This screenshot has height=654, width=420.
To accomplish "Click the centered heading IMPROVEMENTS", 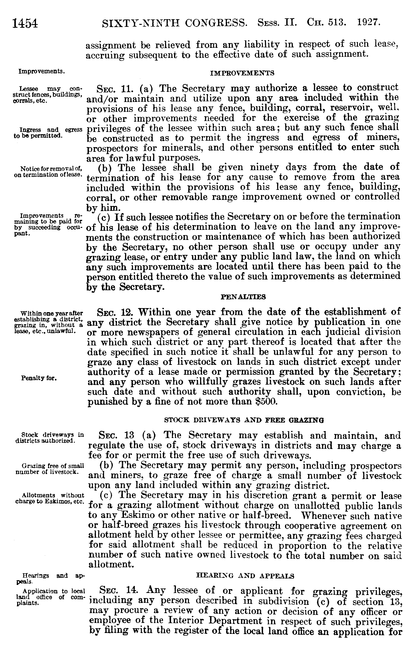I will [x=242, y=73].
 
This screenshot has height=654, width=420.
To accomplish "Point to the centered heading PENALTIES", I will [x=243, y=297].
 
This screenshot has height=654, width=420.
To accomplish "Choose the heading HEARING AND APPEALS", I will [x=245, y=576].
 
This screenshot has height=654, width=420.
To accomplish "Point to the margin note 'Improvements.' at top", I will [x=42, y=72].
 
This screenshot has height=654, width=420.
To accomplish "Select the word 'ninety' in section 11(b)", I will [x=265, y=167].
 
